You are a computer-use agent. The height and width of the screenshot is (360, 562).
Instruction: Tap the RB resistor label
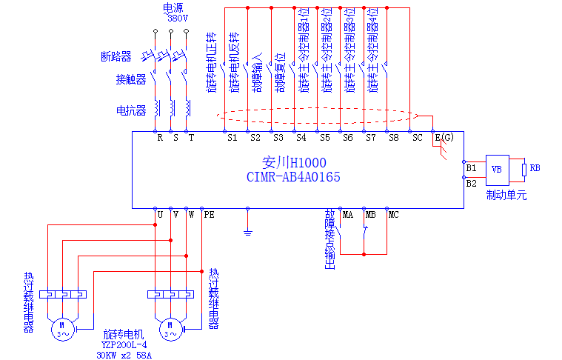pos(535,168)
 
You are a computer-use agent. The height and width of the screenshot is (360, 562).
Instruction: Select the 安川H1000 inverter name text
pos(295,162)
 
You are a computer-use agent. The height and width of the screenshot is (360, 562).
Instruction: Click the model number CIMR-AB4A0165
pos(293,177)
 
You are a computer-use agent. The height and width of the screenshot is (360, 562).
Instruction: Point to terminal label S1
pos(231,137)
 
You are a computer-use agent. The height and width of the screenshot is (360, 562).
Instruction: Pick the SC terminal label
pos(417,137)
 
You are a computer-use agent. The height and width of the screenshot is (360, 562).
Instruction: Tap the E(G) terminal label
pos(444,137)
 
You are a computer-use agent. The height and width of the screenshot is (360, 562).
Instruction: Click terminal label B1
pos(472,168)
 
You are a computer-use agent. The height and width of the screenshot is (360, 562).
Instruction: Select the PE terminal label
pos(209,215)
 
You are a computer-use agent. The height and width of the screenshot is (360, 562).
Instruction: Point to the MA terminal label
pos(347,215)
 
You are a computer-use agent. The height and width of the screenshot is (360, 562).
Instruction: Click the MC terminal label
pos(393,215)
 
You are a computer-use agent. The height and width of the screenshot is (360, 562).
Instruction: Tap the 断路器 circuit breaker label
pos(116,56)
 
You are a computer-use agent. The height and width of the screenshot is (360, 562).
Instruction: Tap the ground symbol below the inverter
pos(248,233)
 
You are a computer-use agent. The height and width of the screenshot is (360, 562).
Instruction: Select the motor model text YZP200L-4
pos(124,344)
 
